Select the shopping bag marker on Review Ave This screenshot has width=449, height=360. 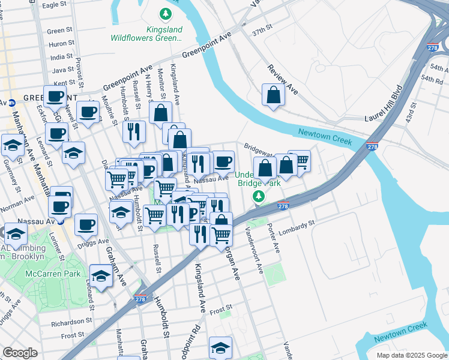coord(274,95)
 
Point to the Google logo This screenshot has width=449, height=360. coord(20,353)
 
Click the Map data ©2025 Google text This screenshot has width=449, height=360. coord(412,355)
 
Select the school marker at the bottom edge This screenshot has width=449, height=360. coord(220,348)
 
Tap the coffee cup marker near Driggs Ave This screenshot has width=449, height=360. coord(86,225)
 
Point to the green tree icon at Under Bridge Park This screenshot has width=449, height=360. coord(259,196)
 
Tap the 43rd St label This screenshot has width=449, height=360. coord(412,113)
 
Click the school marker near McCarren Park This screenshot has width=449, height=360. coord(101,277)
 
